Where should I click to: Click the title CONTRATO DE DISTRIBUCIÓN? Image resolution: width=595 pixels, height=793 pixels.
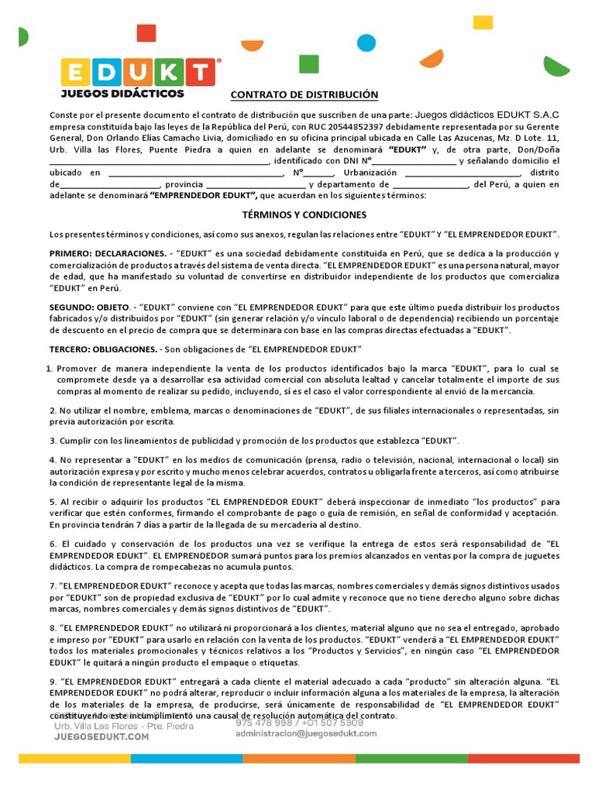tap(304, 94)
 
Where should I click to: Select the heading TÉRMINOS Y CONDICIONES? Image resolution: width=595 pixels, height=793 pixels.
tap(303, 215)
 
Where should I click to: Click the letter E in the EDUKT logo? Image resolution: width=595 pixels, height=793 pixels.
tap(76, 73)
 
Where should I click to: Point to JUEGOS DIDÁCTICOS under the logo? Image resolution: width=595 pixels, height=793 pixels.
tap(122, 94)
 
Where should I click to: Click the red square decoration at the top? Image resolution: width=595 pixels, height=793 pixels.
tap(146, 33)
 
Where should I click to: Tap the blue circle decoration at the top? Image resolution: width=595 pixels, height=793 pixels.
tap(366, 43)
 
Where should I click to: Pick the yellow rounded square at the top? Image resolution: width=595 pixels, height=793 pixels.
tap(483, 22)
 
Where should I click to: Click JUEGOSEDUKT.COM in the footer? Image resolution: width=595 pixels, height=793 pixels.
tap(101, 737)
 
